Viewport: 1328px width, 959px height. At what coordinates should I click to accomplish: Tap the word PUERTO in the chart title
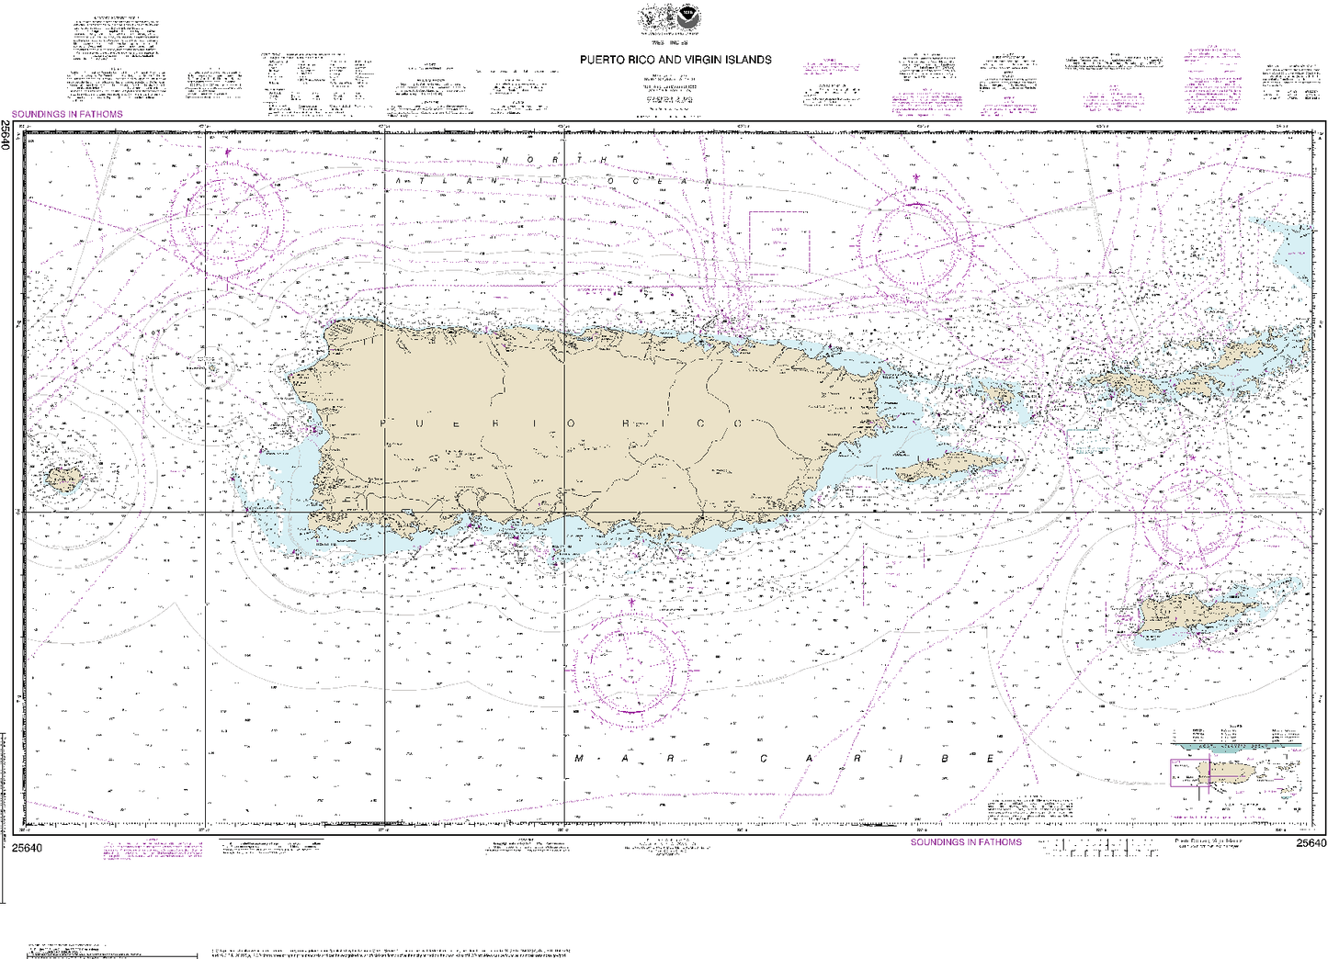[x=599, y=60]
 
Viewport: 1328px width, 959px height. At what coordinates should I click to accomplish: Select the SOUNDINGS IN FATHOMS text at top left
[x=66, y=115]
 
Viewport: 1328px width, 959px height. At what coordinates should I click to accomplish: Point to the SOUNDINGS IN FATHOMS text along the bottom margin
[x=966, y=842]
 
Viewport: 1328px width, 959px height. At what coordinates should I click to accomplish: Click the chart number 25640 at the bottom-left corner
[x=28, y=847]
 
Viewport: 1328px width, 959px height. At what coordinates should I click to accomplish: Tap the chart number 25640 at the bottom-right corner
[x=1311, y=843]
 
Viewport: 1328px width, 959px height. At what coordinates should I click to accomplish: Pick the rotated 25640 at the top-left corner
[x=6, y=135]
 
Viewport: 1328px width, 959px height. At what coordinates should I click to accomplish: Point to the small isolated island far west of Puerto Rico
[x=62, y=478]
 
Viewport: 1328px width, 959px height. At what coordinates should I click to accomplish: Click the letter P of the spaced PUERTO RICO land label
[x=383, y=423]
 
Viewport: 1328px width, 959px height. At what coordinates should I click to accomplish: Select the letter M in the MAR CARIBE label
[x=580, y=759]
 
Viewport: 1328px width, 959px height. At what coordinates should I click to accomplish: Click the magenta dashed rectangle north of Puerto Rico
[x=778, y=243]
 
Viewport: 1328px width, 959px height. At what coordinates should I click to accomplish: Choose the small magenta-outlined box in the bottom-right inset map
[x=1189, y=773]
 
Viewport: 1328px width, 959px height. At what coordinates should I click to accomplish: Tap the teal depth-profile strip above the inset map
[x=1241, y=747]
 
